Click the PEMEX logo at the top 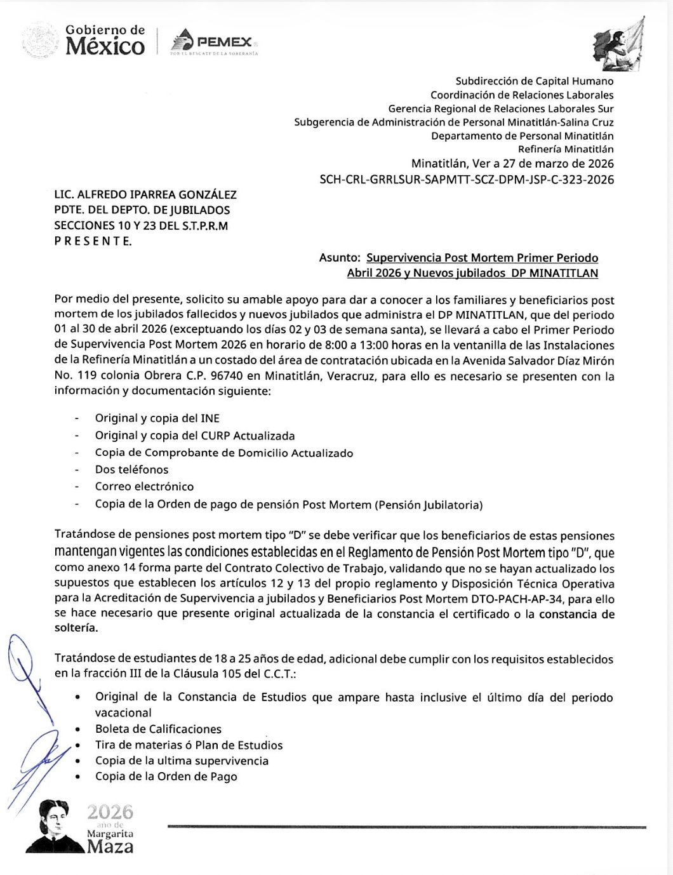[x=214, y=43]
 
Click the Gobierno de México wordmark [x=105, y=40]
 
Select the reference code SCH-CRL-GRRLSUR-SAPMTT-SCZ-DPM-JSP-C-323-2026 [x=467, y=180]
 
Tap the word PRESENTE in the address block [x=93, y=241]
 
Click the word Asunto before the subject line [x=339, y=258]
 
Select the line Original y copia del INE [x=157, y=418]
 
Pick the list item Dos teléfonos [x=131, y=470]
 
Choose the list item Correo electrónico [x=144, y=487]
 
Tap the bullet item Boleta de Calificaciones [x=158, y=729]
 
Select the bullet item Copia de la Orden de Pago [x=166, y=777]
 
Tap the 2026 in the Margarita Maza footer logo [x=110, y=812]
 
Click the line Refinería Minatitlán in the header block [x=566, y=150]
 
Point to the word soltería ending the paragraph [x=76, y=628]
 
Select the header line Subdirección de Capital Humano [x=535, y=81]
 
